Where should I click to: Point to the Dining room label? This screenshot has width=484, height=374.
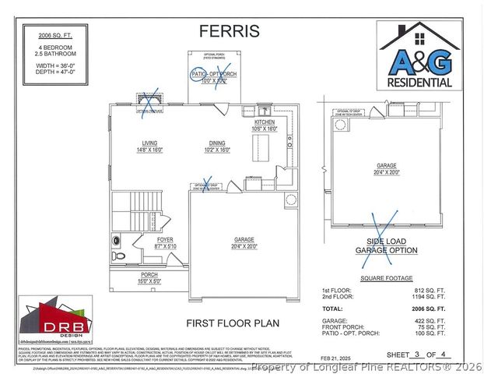coord(217,146)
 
